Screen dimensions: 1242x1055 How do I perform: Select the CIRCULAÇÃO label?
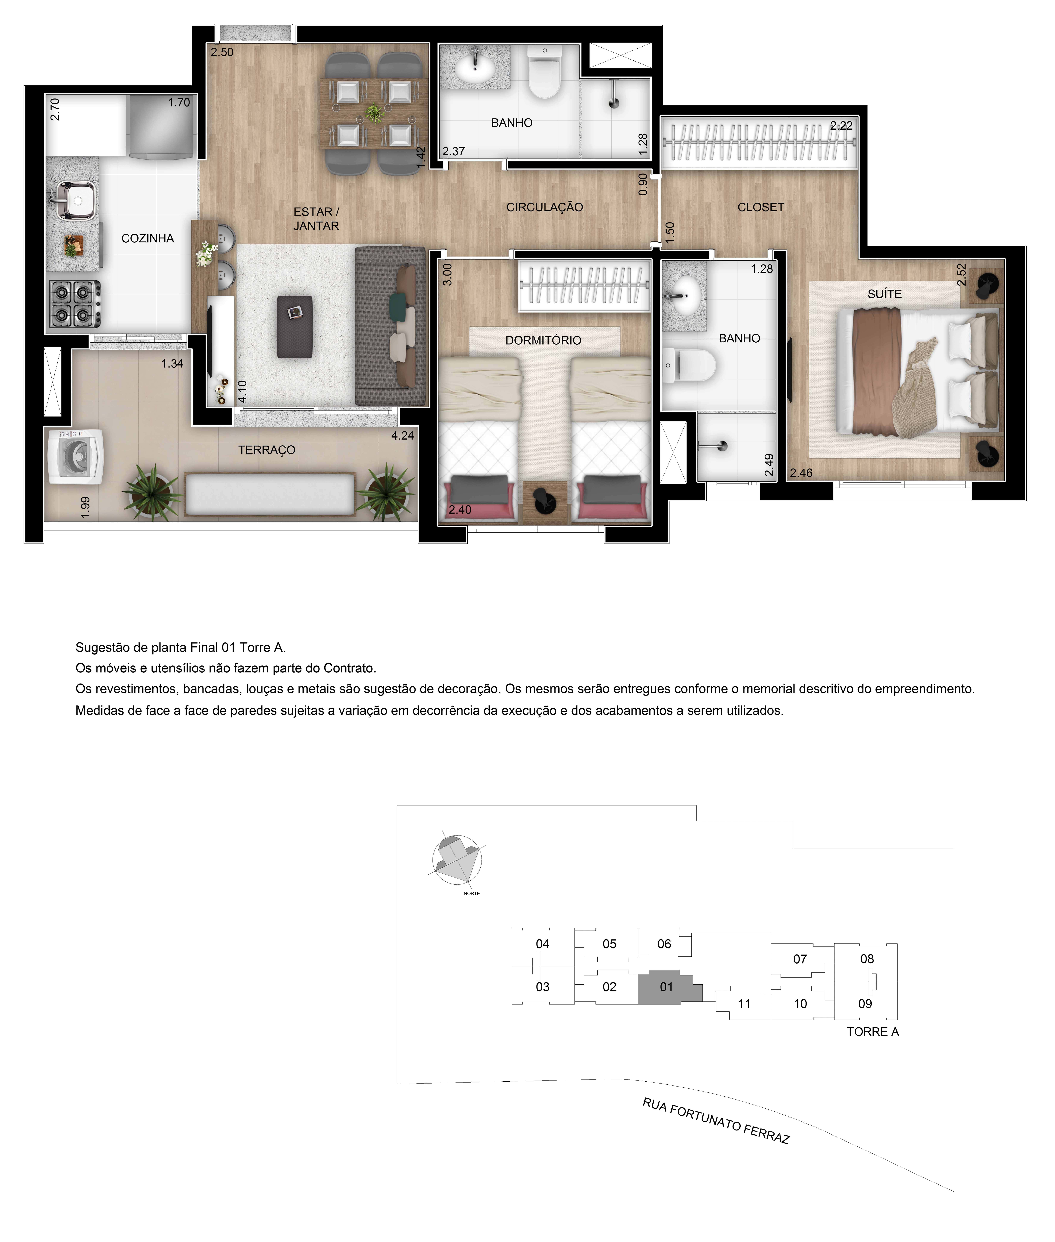coord(544,207)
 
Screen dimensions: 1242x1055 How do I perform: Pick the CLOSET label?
coord(760,207)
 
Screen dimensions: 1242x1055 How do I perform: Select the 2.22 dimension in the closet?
coord(841,126)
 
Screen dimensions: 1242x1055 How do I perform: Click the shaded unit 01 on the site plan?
coord(666,987)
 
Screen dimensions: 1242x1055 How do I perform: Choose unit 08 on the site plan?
coord(867,959)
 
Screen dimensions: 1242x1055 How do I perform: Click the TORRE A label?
coord(873,1032)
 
